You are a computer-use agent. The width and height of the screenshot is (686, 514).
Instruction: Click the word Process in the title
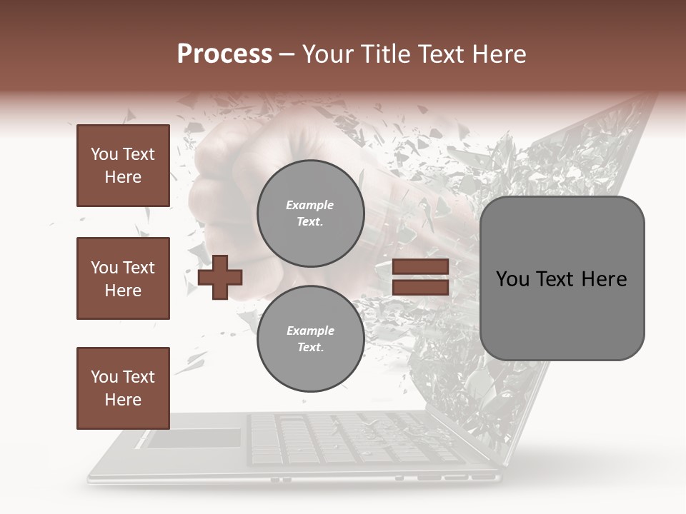coord(224,54)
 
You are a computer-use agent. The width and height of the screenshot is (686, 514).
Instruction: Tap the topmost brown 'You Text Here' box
coord(123,166)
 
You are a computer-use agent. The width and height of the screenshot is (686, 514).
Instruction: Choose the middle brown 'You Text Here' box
coord(123,278)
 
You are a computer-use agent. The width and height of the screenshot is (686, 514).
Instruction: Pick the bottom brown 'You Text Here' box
coord(123,388)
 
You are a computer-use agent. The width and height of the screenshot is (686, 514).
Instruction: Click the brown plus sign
coord(220,276)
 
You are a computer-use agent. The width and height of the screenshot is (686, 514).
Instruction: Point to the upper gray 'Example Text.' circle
coord(310,213)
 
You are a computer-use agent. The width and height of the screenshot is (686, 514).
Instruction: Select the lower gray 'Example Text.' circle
coord(310,338)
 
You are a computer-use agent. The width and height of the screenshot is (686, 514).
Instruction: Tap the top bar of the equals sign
coord(420,266)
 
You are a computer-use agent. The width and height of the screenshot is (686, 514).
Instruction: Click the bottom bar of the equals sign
coord(420,287)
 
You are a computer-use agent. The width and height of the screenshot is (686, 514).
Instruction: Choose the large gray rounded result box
coord(562,278)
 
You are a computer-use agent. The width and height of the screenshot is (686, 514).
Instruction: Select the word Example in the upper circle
coord(309,205)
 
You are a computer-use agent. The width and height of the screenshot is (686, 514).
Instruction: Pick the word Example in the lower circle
coord(310,331)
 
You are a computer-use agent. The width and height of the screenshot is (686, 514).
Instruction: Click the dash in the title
coord(287,54)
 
